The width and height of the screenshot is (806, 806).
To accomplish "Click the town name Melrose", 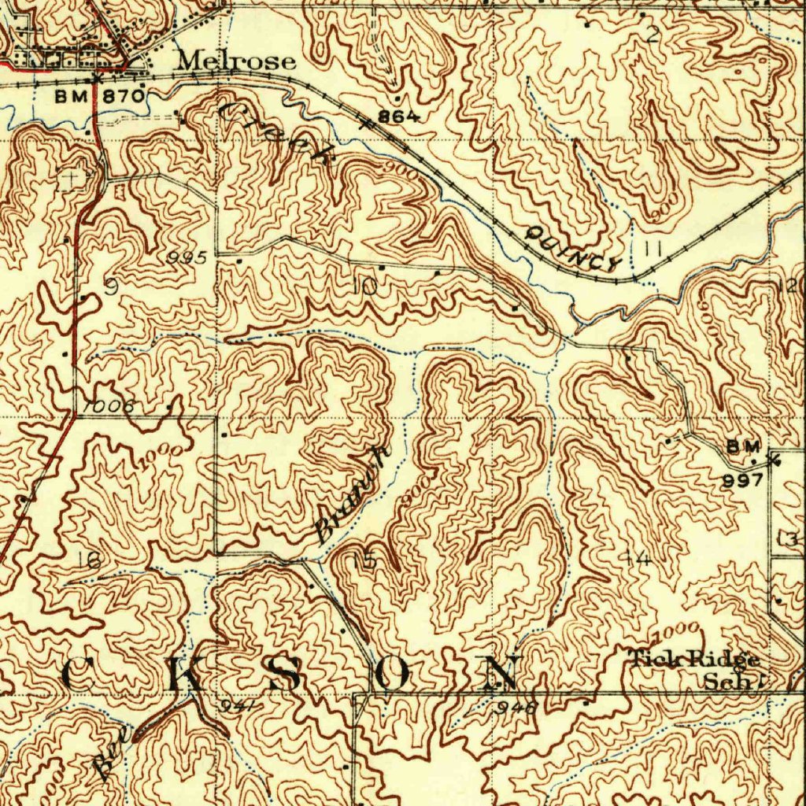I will [236, 61].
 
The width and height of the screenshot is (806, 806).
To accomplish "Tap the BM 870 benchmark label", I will [100, 96].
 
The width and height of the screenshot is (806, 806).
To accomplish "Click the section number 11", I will [652, 249].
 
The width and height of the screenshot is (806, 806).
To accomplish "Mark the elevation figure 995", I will [187, 257].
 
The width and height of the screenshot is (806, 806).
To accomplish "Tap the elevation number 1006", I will [108, 406].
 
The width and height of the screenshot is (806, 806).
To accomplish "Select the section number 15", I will [364, 560].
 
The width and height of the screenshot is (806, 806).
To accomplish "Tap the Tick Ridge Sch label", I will [694, 669].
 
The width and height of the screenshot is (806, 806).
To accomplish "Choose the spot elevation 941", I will [235, 705].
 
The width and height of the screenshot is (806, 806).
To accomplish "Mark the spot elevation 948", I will [516, 707].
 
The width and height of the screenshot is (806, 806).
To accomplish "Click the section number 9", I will [111, 287].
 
